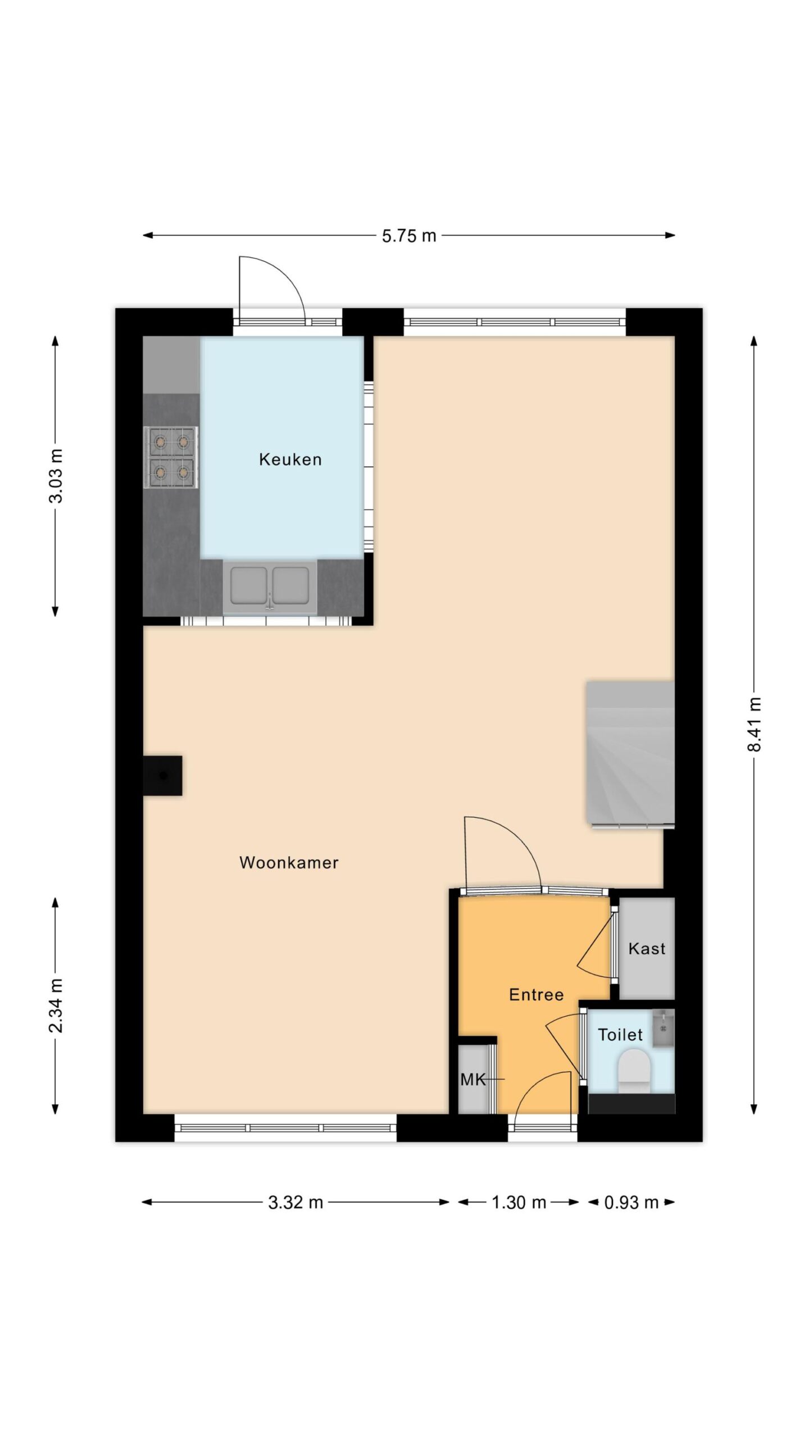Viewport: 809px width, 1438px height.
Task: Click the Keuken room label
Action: point(290,459)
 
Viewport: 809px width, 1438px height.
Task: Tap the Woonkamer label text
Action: point(289,863)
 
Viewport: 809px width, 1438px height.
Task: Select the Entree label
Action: point(536,995)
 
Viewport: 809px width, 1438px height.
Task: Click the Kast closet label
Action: point(647,949)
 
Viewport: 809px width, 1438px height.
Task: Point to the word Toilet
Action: point(620,1035)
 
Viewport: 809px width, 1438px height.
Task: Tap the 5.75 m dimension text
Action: point(409,236)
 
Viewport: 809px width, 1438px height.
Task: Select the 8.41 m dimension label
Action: point(754,724)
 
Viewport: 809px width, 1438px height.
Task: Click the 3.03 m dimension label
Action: point(56,476)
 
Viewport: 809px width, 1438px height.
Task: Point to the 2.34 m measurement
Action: point(56,1005)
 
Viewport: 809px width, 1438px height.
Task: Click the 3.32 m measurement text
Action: point(296,1203)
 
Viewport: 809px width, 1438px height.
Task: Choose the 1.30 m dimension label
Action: point(519,1203)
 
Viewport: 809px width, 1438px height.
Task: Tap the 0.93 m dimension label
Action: point(631,1203)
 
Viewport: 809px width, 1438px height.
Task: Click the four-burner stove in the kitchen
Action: point(171,457)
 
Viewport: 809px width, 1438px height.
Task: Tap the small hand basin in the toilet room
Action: point(663,1029)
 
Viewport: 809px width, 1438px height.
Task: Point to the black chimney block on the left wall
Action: point(162,775)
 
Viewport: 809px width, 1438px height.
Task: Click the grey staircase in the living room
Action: point(630,754)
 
